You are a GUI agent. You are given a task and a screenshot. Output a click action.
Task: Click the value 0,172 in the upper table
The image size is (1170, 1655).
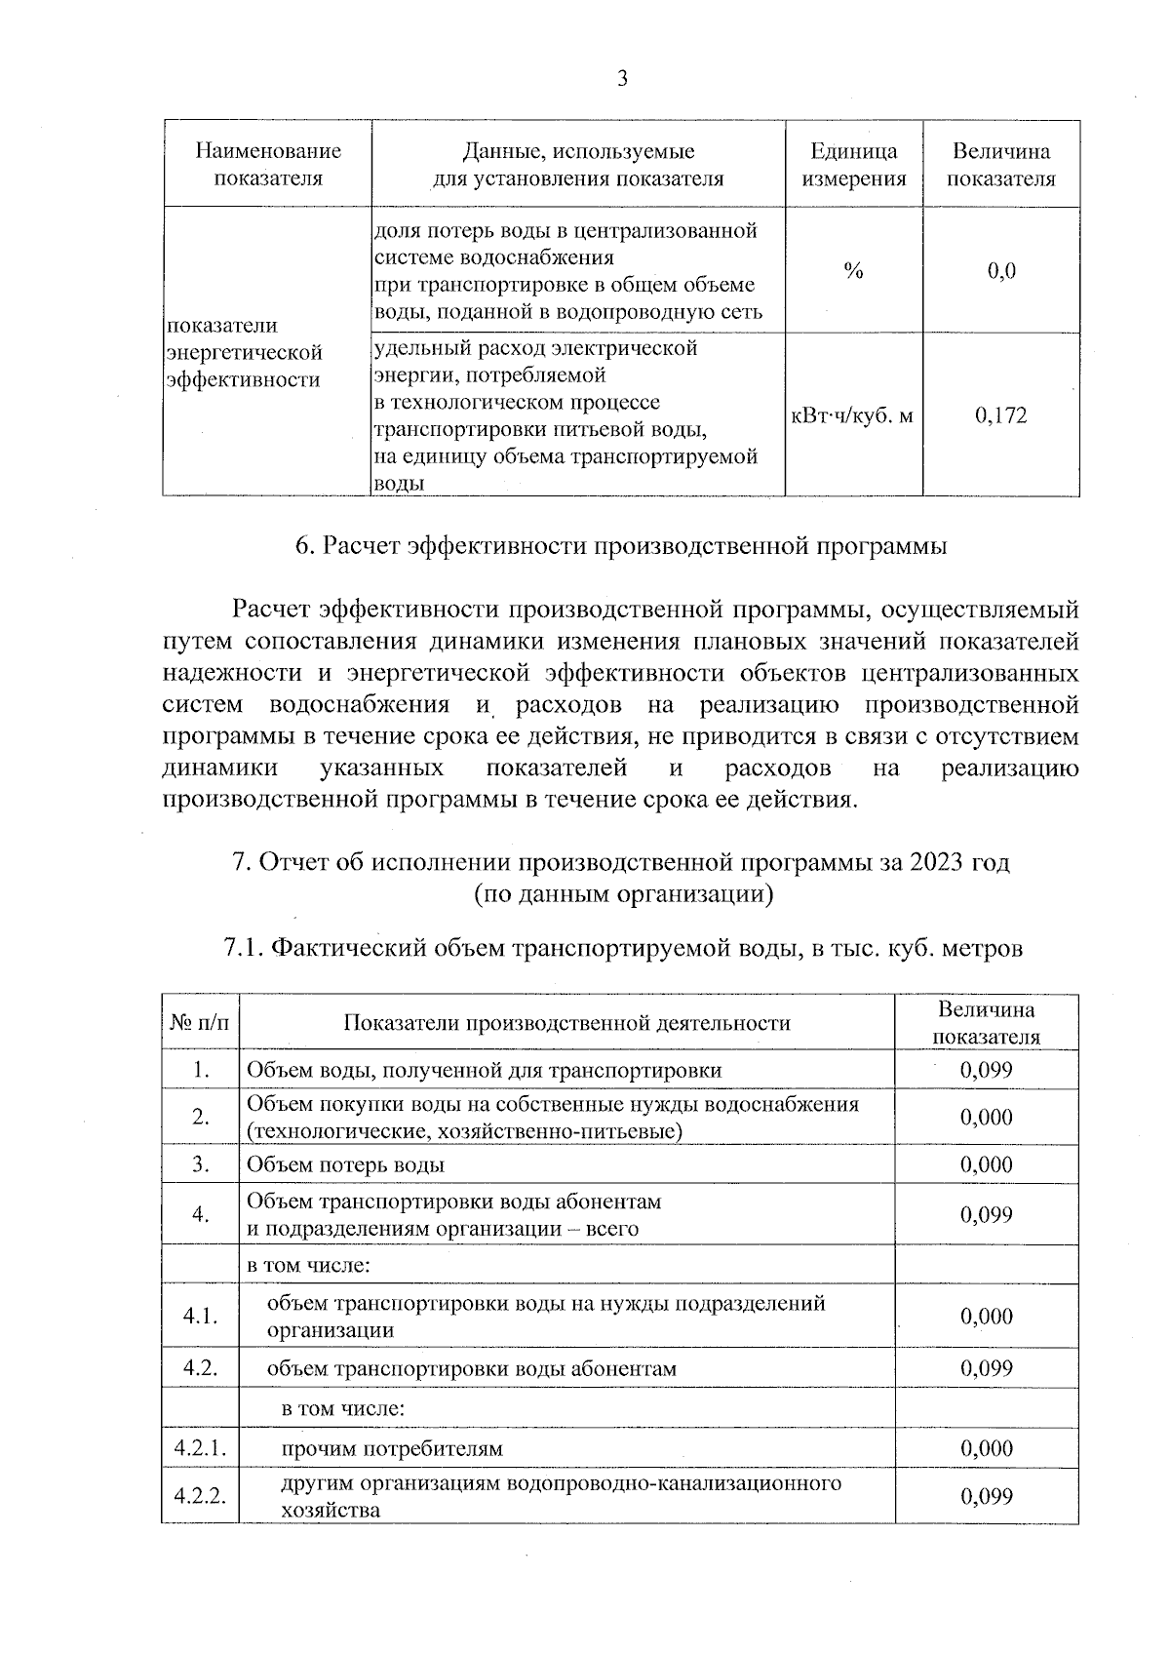click(x=1000, y=416)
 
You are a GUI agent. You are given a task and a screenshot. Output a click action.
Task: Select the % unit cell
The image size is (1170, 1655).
click(x=853, y=272)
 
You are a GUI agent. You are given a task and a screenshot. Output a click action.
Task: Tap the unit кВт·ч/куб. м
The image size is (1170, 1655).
click(x=853, y=416)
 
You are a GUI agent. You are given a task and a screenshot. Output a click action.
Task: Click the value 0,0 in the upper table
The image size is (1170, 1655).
click(x=1000, y=271)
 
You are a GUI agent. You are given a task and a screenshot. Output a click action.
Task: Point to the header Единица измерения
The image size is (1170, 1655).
click(x=853, y=165)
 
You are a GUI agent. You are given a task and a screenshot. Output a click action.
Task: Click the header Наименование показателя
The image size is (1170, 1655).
click(x=268, y=165)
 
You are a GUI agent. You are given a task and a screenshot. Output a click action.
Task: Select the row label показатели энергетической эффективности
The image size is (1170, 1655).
click(x=244, y=352)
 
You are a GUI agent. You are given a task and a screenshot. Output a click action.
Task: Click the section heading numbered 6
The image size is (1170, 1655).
click(x=621, y=546)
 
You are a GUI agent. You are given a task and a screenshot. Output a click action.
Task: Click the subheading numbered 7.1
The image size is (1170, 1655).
click(x=623, y=948)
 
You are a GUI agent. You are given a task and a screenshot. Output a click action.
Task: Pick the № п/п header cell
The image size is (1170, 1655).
click(x=202, y=1023)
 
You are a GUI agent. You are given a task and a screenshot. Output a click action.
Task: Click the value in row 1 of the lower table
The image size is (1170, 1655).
click(x=986, y=1070)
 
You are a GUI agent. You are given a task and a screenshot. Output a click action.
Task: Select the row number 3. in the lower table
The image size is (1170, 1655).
click(x=202, y=1164)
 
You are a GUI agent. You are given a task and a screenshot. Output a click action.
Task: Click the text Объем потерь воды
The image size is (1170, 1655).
click(x=346, y=1164)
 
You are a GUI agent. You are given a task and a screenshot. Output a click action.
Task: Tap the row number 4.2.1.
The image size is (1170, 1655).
click(x=201, y=1448)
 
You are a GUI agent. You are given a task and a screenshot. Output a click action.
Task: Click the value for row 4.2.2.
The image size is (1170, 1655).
click(x=986, y=1496)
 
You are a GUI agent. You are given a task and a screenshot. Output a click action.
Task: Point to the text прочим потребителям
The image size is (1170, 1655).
click(x=392, y=1448)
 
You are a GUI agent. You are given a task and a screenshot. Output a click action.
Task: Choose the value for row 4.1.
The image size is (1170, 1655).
click(x=986, y=1317)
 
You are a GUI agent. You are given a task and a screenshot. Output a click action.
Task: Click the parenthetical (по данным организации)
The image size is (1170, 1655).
click(x=623, y=894)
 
